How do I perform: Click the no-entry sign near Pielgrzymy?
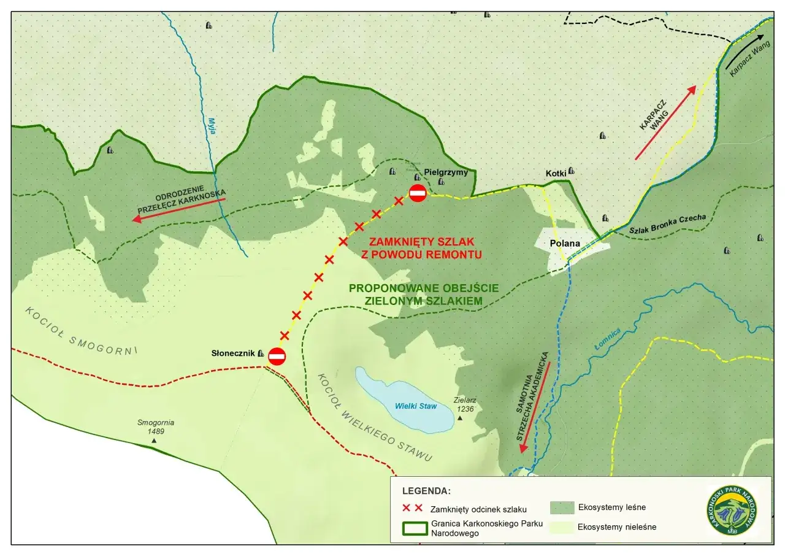point(418,193)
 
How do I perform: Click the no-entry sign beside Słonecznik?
point(277,357)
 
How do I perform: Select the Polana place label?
point(565,243)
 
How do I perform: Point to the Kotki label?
point(555,174)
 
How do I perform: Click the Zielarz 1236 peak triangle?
point(460,418)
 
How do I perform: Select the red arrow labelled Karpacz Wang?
point(665,123)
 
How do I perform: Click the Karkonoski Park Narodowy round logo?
point(732,511)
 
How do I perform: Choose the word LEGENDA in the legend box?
point(426,491)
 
